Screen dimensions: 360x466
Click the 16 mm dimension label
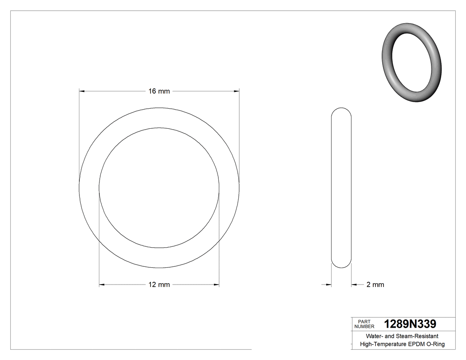pyautogui.click(x=159, y=91)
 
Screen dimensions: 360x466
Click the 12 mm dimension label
pyautogui.click(x=159, y=285)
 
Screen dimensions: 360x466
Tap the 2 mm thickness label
pyautogui.click(x=375, y=285)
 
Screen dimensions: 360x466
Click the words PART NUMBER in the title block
pyautogui.click(x=364, y=324)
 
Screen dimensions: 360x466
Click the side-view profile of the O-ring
pyautogui.click(x=341, y=188)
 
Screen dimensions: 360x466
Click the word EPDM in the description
pyautogui.click(x=416, y=344)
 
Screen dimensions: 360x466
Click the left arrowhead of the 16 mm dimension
pyautogui.click(x=82, y=91)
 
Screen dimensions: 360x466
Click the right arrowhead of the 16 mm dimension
pyautogui.click(x=237, y=91)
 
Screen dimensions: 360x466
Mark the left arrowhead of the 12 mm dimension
pyautogui.click(x=102, y=285)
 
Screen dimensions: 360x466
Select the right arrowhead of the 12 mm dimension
pyautogui.click(x=217, y=285)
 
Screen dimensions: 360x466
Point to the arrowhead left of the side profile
pyautogui.click(x=329, y=285)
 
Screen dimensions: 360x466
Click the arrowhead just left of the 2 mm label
pyautogui.click(x=354, y=285)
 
